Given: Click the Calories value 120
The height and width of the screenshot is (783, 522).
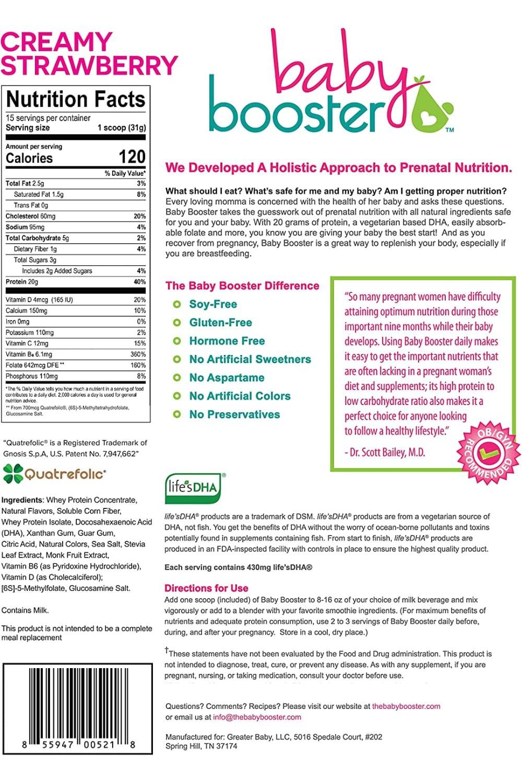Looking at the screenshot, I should tap(132, 157).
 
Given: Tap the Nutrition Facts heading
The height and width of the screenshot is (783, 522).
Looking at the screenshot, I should tap(76, 99).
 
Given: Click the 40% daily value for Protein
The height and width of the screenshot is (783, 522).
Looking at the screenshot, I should tap(139, 282).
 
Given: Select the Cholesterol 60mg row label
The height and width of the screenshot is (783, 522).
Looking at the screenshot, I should tap(30, 216).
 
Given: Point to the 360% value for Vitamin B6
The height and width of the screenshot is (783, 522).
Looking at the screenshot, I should tap(138, 354).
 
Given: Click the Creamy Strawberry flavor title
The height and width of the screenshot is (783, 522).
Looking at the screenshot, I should tap(89, 54).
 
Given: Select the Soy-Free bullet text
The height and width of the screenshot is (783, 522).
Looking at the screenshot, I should tap(213, 304).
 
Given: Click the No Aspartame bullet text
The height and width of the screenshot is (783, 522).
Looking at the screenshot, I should tap(227, 378).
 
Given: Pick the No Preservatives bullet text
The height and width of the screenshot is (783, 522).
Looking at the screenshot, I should tap(234, 414).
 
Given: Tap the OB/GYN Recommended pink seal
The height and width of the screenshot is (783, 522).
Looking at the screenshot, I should tap(489, 452).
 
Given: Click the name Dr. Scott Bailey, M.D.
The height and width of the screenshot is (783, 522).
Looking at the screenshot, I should tap(385, 452).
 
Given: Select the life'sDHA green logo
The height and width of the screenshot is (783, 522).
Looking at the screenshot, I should tap(193, 488).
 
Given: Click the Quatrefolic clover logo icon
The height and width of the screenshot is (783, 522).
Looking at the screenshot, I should tap(13, 473).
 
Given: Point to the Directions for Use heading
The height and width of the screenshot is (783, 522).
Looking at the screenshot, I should tap(206, 588).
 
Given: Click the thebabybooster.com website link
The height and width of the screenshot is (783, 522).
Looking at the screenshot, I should tap(406, 706).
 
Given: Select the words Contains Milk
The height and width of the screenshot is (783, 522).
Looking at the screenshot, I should tap(25, 610).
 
